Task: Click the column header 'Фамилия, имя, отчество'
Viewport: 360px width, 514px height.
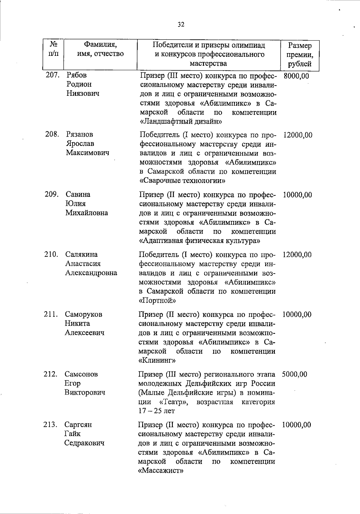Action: click(x=100, y=50)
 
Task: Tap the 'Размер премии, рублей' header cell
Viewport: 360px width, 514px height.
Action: click(x=299, y=55)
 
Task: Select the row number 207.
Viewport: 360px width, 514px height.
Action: click(x=52, y=75)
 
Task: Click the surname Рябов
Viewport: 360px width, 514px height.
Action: click(x=76, y=75)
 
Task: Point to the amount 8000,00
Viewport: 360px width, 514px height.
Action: click(x=296, y=76)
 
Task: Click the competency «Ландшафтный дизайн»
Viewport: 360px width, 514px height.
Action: click(x=181, y=122)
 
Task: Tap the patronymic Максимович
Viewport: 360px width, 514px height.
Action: click(x=88, y=153)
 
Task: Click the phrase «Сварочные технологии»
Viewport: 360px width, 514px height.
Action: click(x=183, y=181)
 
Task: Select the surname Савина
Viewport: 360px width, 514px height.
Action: click(x=78, y=194)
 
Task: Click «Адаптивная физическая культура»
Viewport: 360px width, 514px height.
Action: click(x=199, y=241)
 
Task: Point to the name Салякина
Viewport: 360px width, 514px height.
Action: click(x=81, y=254)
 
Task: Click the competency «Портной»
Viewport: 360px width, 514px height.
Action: click(x=157, y=301)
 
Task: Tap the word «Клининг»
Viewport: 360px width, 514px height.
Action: click(x=157, y=360)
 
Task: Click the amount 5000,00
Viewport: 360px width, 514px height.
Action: click(x=294, y=374)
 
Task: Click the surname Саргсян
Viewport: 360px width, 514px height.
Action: click(x=78, y=425)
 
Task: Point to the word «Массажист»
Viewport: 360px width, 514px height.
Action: click(x=160, y=470)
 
